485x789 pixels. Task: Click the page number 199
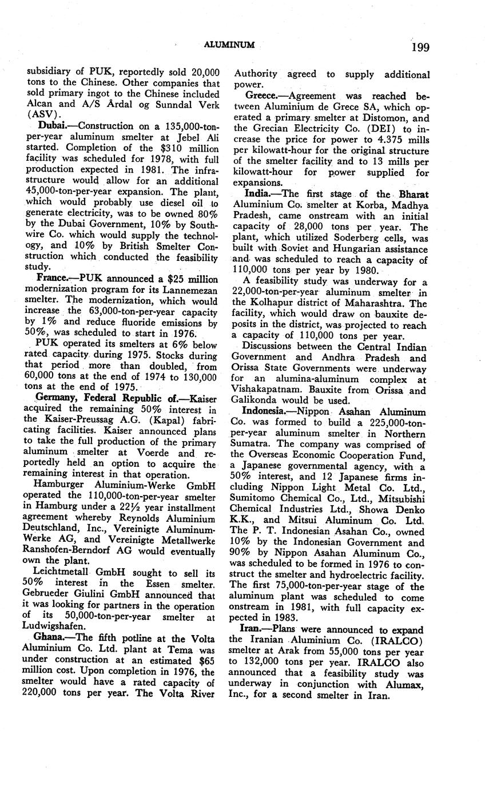pyautogui.click(x=419, y=46)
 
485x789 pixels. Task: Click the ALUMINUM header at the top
pyautogui.click(x=229, y=45)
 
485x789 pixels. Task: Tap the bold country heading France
pyautogui.click(x=53, y=279)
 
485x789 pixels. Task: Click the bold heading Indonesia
pyautogui.click(x=266, y=411)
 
